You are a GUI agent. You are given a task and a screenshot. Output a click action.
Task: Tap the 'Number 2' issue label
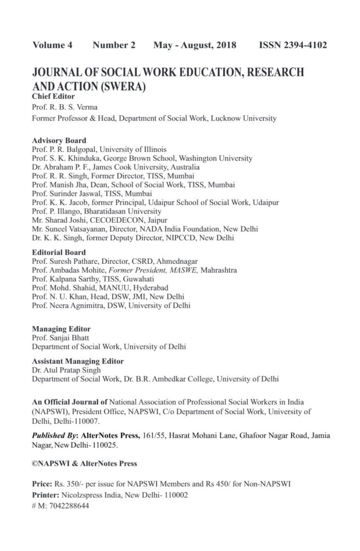[114, 45]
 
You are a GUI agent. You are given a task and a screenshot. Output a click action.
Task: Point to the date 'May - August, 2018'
[195, 45]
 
